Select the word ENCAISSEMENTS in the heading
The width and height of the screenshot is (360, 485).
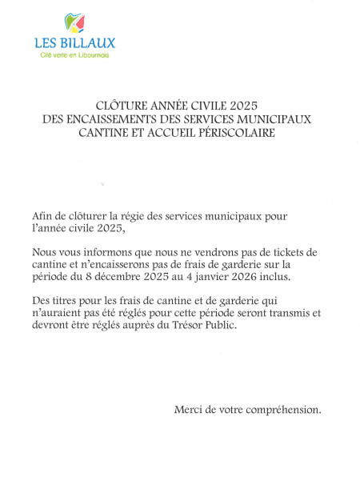pyautogui.click(x=126, y=119)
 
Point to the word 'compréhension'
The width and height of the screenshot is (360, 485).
pyautogui.click(x=280, y=410)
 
